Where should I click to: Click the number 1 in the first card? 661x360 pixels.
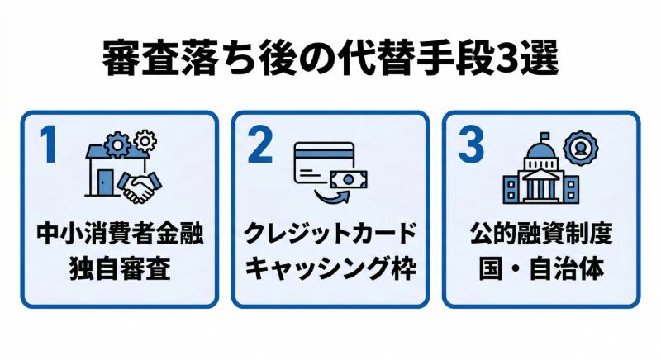[x=49, y=145]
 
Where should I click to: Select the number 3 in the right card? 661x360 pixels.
[x=470, y=145]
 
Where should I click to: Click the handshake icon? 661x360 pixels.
[x=139, y=188]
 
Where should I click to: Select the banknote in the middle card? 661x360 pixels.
[x=349, y=178]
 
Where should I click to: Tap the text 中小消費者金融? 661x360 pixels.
[x=120, y=234]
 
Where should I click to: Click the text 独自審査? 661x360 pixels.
[x=120, y=268]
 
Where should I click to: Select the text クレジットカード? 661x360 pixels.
[x=330, y=234]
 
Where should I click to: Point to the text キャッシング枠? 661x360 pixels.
[x=330, y=268]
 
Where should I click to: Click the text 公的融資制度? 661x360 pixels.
[x=540, y=234]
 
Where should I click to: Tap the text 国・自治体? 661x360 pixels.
[x=540, y=268]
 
